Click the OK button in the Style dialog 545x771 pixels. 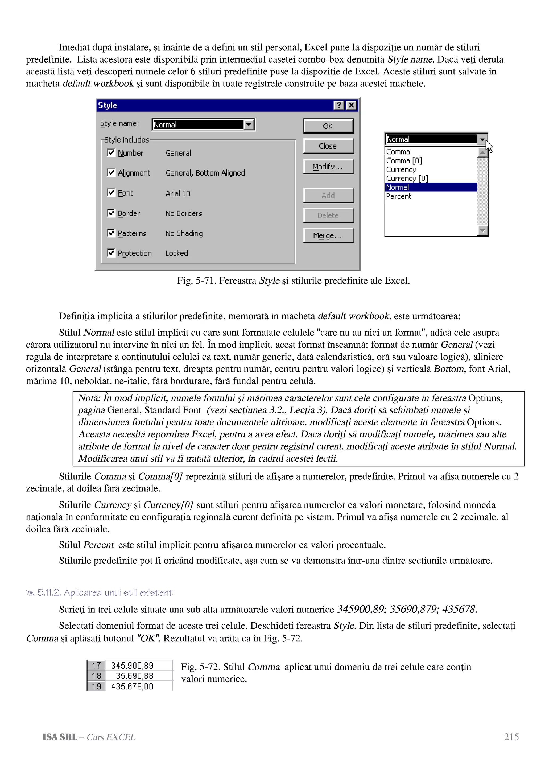(328, 126)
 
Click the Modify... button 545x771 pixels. (328, 167)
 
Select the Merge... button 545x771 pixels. (328, 235)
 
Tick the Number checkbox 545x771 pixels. (111, 152)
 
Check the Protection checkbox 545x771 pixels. (111, 252)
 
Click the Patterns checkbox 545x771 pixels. (111, 233)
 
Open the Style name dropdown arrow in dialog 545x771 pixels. (249, 125)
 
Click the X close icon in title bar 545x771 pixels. (351, 105)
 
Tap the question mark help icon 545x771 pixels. (339, 105)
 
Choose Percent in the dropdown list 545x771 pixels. (399, 196)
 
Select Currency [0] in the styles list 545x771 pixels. (407, 178)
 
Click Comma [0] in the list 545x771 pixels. (404, 160)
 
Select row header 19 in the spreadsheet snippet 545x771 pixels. (96, 686)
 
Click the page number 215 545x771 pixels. (511, 737)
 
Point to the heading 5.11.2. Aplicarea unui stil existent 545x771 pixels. (105, 593)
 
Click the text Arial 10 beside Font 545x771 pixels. (178, 193)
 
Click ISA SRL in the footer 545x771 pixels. (60, 737)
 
